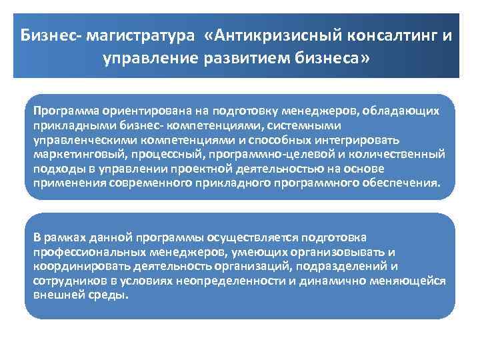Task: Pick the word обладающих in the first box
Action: click(401, 111)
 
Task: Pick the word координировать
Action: click(71, 266)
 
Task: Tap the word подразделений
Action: click(347, 266)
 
